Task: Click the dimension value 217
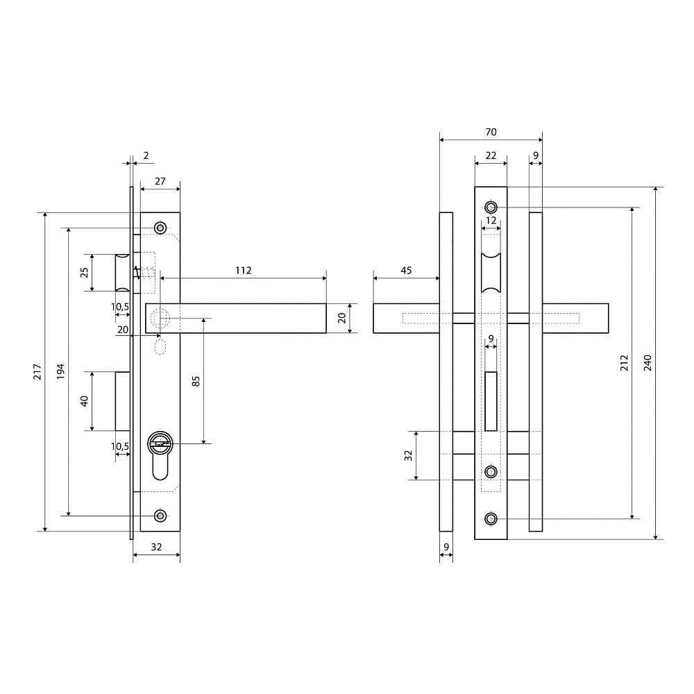coord(37,371)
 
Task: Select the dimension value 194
coord(60,371)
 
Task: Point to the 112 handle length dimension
coord(244,271)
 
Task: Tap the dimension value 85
coord(196,381)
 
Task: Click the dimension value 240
coord(648,363)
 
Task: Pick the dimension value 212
coord(624,363)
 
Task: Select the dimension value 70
coord(491,132)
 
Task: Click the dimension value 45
coord(406,271)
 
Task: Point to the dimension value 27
coord(160,181)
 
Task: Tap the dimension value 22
coord(491,155)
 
